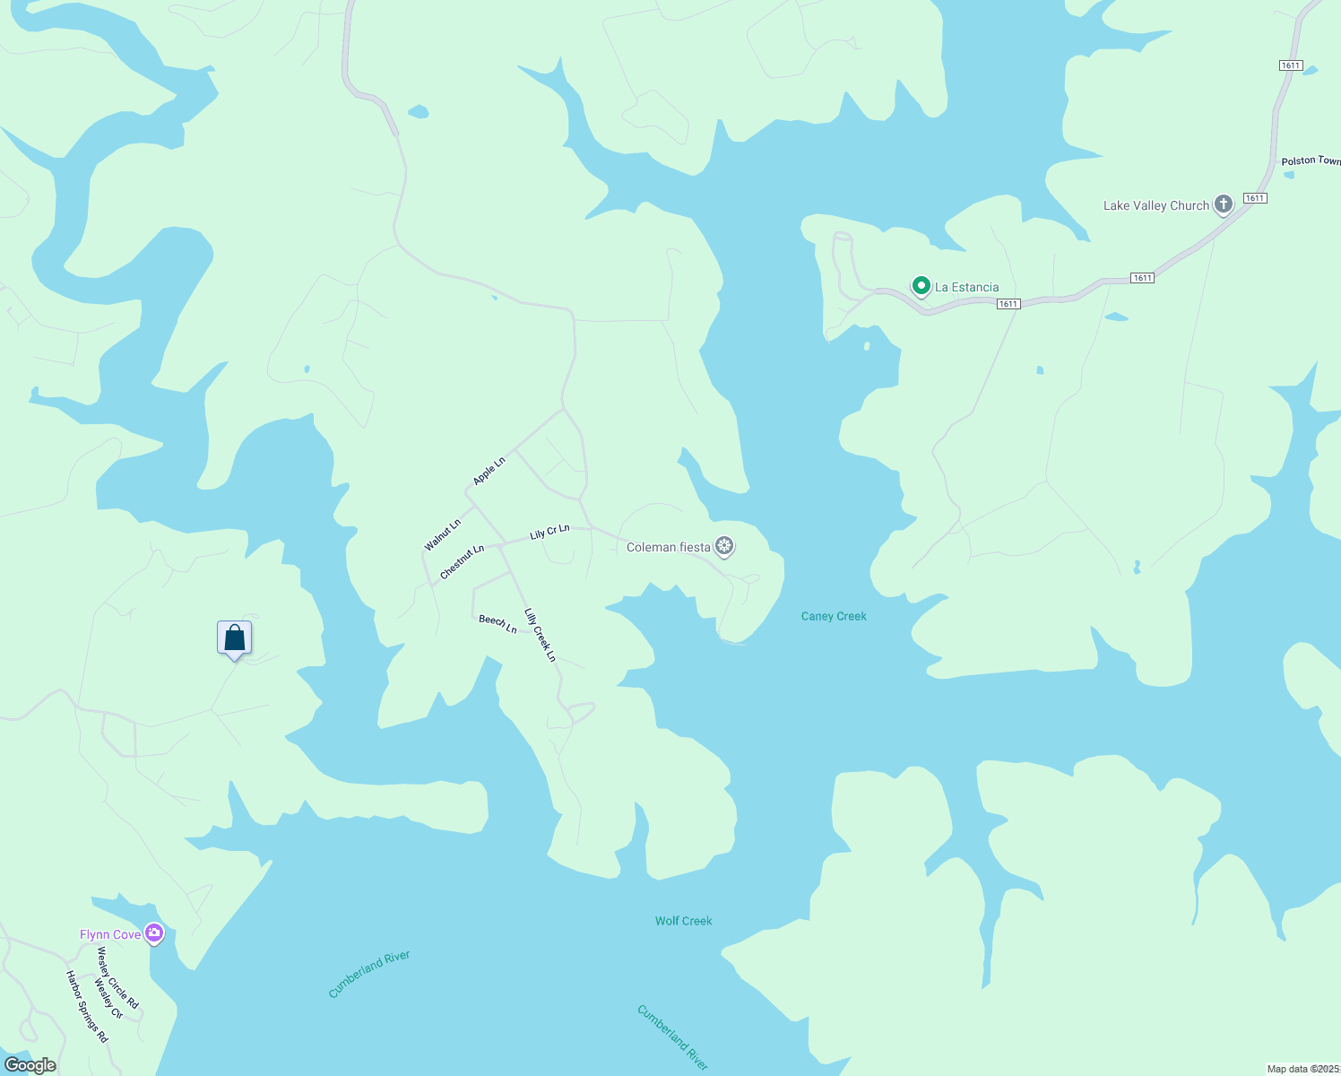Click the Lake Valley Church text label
point(1155,205)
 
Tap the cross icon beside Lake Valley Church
point(1223,204)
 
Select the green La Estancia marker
point(921,286)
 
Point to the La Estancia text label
point(966,287)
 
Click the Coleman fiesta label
point(668,547)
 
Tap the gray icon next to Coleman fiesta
point(724,546)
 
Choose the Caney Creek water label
point(834,616)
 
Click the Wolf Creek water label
point(683,921)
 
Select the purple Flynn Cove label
point(110,934)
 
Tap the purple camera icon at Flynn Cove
point(154,934)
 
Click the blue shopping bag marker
point(234,638)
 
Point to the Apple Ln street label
point(489,471)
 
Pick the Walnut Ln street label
point(443,534)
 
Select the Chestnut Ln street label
point(463,561)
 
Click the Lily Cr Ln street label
point(549,532)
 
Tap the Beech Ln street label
point(497,623)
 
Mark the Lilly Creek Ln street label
point(541,635)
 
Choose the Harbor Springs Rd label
point(87,1006)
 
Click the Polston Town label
point(1311,161)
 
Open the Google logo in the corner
point(30,1065)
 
